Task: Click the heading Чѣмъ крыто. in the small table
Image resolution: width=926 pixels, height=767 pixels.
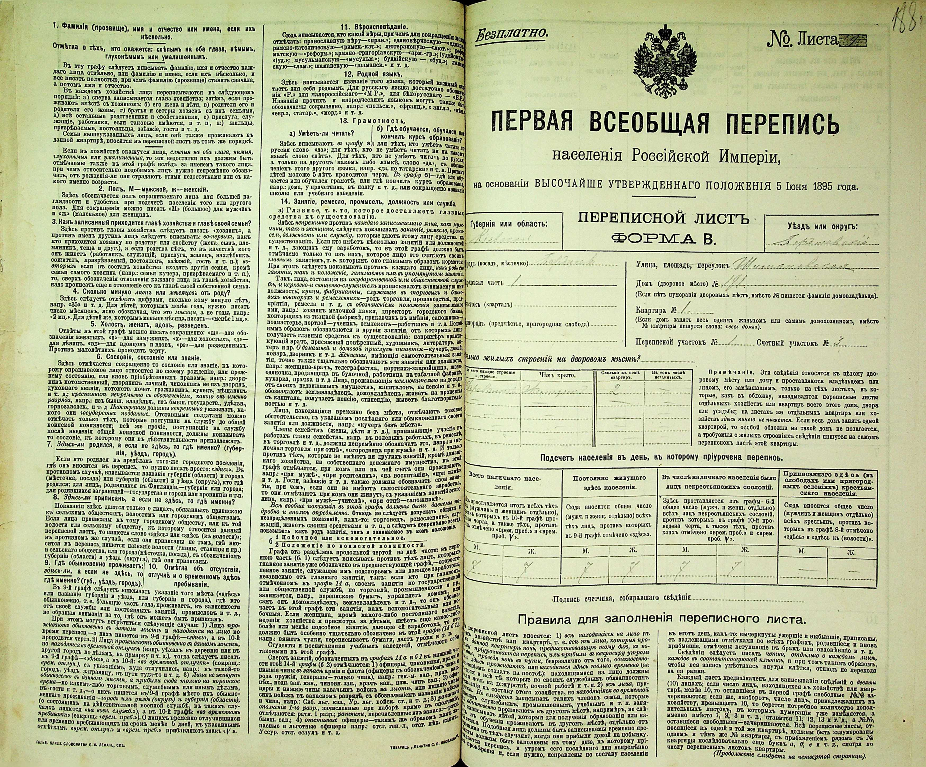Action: [557, 375]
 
